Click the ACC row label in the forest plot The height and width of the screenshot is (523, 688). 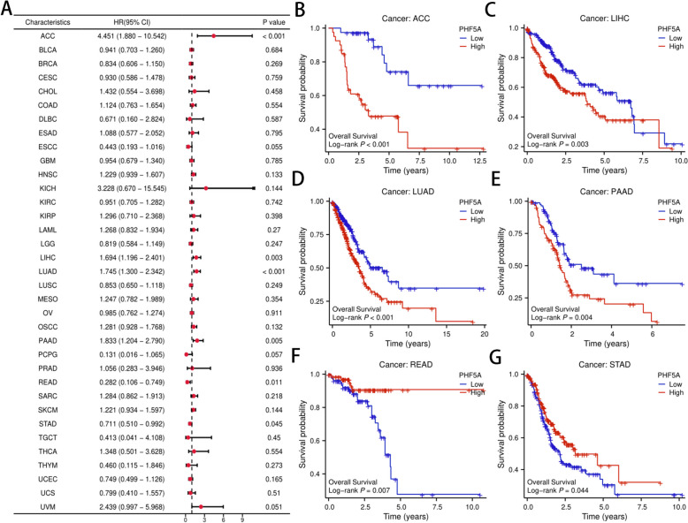tap(48, 35)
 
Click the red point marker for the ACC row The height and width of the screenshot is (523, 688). tap(213, 35)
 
